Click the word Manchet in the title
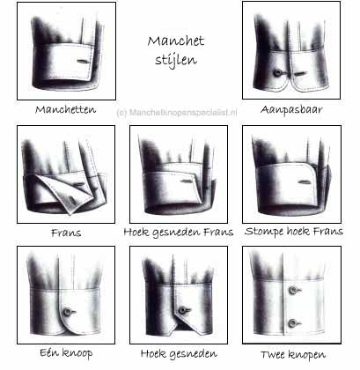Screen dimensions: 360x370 (x=176, y=41)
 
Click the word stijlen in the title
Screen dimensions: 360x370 (x=176, y=60)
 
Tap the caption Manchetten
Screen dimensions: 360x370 (x=65, y=110)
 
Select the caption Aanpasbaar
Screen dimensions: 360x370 (x=291, y=110)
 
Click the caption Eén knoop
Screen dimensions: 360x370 (x=66, y=352)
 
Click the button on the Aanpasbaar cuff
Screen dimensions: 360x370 (x=277, y=72)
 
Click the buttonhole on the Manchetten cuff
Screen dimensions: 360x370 (x=83, y=61)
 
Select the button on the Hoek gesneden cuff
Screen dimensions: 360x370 (x=183, y=310)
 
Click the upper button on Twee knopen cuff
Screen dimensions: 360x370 (x=293, y=290)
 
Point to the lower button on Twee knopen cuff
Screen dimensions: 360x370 (x=292, y=323)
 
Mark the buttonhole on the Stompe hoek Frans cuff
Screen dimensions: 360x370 (x=305, y=182)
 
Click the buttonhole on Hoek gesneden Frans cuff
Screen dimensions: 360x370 (x=187, y=181)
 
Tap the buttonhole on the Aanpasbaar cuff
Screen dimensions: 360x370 (x=300, y=74)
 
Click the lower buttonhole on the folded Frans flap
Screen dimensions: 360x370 (x=72, y=200)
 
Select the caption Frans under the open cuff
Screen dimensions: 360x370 (x=66, y=233)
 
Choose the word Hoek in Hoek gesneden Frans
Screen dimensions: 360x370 (x=136, y=232)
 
